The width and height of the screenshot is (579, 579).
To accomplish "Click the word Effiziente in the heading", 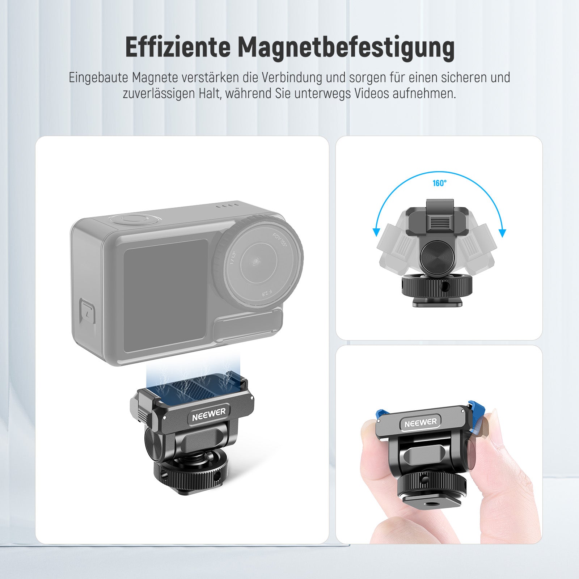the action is pyautogui.click(x=178, y=47).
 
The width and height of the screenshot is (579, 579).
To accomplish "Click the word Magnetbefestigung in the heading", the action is pyautogui.click(x=346, y=48).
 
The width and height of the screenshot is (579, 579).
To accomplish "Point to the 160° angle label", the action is pyautogui.click(x=440, y=183).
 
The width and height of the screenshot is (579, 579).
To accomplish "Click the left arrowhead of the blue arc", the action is pyautogui.click(x=377, y=232).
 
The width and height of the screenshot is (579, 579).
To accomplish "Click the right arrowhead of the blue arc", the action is pyautogui.click(x=502, y=233).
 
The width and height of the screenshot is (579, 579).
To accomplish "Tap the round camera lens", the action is pyautogui.click(x=259, y=260).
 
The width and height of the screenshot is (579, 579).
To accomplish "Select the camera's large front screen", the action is pyautogui.click(x=166, y=296).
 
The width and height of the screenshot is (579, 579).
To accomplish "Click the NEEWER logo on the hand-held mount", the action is pyautogui.click(x=420, y=422).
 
